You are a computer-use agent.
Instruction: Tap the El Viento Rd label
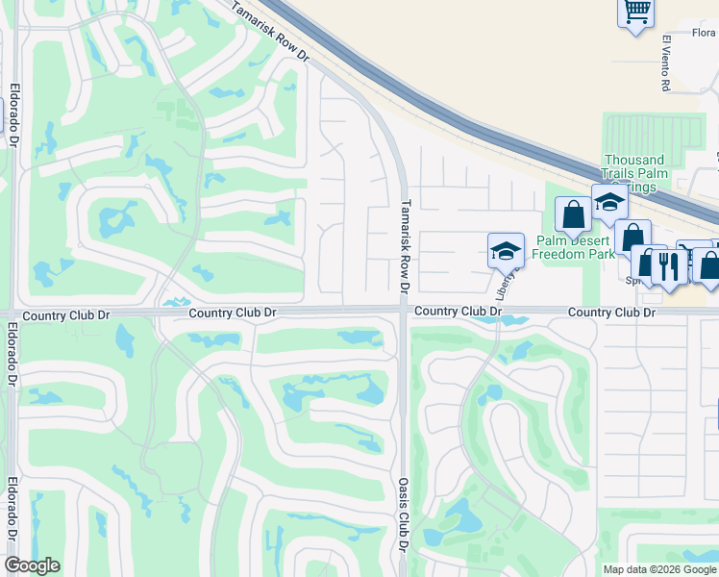(x=665, y=63)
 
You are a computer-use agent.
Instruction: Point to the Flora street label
(x=704, y=33)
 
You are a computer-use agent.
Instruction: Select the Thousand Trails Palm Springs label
(x=633, y=173)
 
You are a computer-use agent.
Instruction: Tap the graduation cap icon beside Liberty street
(x=506, y=251)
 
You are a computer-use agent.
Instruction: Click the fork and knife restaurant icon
(x=668, y=264)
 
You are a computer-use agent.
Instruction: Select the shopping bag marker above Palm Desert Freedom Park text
(x=574, y=214)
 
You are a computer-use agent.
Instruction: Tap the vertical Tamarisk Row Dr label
(x=405, y=246)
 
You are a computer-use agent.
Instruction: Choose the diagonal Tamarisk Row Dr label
(x=271, y=34)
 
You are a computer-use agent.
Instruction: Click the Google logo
(x=32, y=565)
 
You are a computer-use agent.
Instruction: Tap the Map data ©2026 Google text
(x=659, y=569)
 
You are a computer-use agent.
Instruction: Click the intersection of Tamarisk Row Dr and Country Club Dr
(x=404, y=311)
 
